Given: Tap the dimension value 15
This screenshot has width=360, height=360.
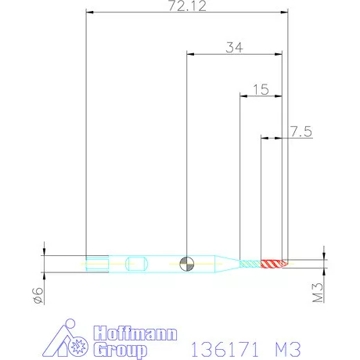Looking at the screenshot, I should coord(261,89).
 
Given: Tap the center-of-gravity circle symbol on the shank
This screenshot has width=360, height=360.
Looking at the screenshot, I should coord(186,263).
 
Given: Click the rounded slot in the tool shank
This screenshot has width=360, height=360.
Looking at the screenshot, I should coord(135,263).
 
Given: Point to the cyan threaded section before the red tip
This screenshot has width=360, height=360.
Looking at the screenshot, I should coord(250,263).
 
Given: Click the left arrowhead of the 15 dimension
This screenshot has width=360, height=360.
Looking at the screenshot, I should coord(243,97).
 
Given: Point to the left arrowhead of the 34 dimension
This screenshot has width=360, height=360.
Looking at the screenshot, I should coord(191,54).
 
